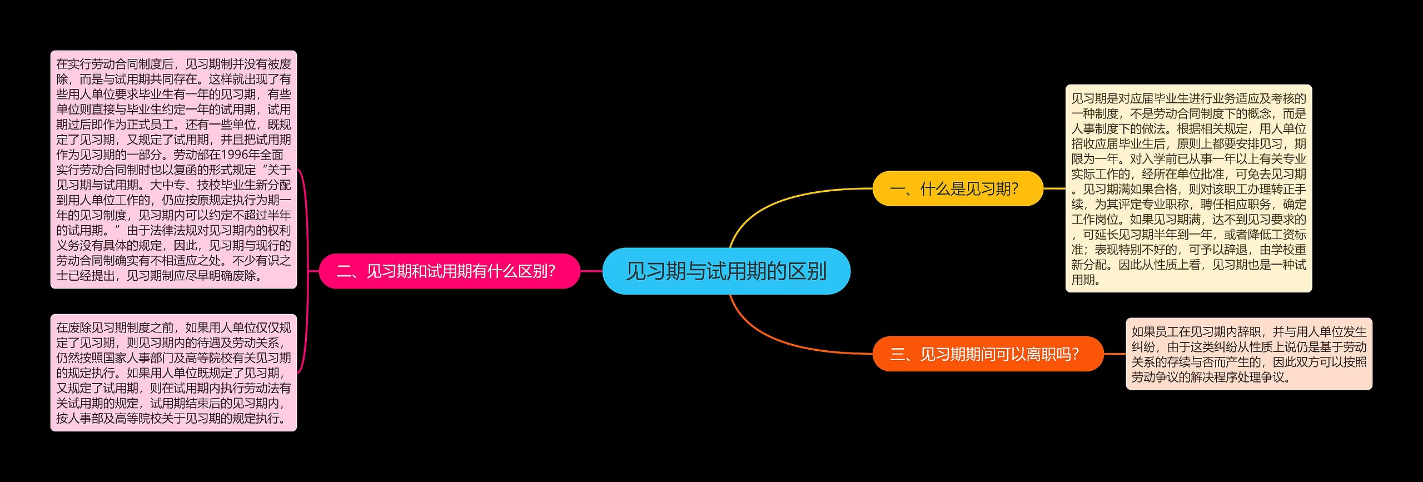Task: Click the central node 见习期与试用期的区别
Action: pyautogui.click(x=726, y=271)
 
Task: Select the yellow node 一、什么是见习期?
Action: pyautogui.click(x=957, y=189)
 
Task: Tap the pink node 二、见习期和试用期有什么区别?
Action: pyautogui.click(x=449, y=271)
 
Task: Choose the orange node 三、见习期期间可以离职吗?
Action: pyautogui.click(x=987, y=354)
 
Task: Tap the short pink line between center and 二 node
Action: pyautogui.click(x=591, y=271)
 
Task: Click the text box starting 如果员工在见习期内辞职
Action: pyautogui.click(x=1248, y=354)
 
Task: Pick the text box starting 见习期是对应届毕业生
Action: pyautogui.click(x=1188, y=189)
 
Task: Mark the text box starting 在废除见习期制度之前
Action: pyautogui.click(x=173, y=373)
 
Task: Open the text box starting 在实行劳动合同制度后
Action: pyautogui.click(x=173, y=170)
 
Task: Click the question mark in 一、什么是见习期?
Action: pyautogui.click(x=1015, y=189)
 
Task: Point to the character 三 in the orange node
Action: pyautogui.click(x=897, y=354)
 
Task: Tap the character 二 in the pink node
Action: pyautogui.click(x=344, y=271)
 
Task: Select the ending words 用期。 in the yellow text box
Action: pyautogui.click(x=1086, y=280)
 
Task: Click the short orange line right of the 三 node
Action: pyautogui.click(x=1114, y=354)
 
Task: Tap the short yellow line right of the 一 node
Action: pyautogui.click(x=1054, y=188)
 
